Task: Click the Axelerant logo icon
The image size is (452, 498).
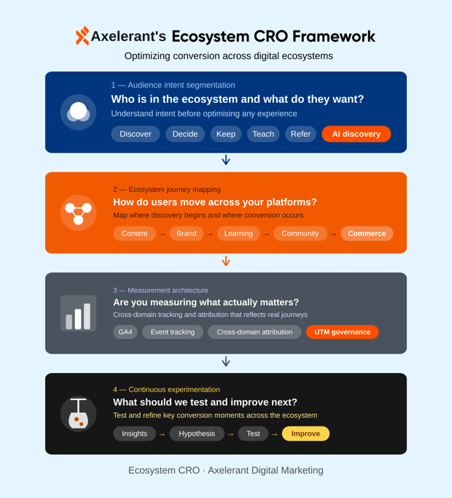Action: (x=82, y=36)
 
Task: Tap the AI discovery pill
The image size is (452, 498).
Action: (x=356, y=134)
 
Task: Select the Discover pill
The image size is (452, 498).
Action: (x=136, y=134)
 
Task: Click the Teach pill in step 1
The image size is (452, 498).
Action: (x=263, y=134)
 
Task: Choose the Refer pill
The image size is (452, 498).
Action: (x=300, y=134)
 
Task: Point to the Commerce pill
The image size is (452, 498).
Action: (x=367, y=234)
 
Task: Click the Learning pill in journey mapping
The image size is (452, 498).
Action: (x=238, y=234)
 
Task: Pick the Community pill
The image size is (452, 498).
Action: (x=300, y=234)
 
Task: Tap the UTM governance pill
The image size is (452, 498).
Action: (x=342, y=332)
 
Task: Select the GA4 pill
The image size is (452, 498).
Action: (x=125, y=332)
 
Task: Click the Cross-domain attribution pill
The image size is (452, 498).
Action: (x=254, y=332)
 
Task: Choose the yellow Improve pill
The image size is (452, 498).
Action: (x=305, y=434)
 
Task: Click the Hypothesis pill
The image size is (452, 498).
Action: (x=197, y=434)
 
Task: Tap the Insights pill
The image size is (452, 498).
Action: (x=135, y=434)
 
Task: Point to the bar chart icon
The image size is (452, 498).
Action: (x=78, y=314)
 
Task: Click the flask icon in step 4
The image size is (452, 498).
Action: (x=78, y=414)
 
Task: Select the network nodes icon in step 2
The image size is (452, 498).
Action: (x=78, y=212)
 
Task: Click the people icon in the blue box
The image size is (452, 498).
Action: (x=78, y=112)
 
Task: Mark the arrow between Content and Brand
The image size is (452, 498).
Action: (x=162, y=234)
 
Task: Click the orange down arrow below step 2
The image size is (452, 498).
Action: (x=226, y=261)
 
